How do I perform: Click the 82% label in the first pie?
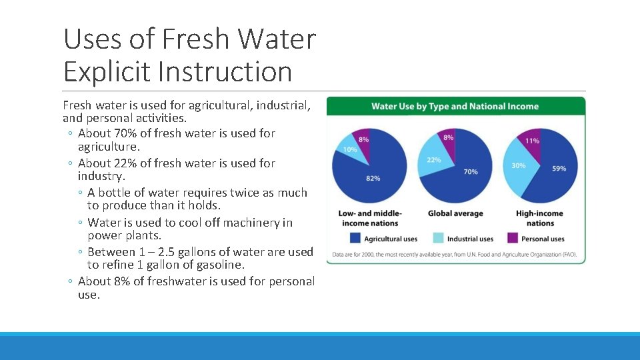[373, 178]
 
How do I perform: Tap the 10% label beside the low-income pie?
[349, 149]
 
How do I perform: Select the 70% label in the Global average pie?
[470, 171]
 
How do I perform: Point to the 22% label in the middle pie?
[433, 160]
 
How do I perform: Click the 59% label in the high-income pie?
[559, 168]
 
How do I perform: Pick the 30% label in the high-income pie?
[518, 165]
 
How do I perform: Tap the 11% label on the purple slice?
[532, 141]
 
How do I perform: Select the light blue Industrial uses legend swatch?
[438, 238]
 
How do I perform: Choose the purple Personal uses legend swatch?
[513, 238]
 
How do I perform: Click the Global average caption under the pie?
[455, 213]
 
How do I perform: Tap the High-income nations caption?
[541, 218]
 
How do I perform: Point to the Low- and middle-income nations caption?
[370, 218]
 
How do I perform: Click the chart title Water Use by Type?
[455, 106]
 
